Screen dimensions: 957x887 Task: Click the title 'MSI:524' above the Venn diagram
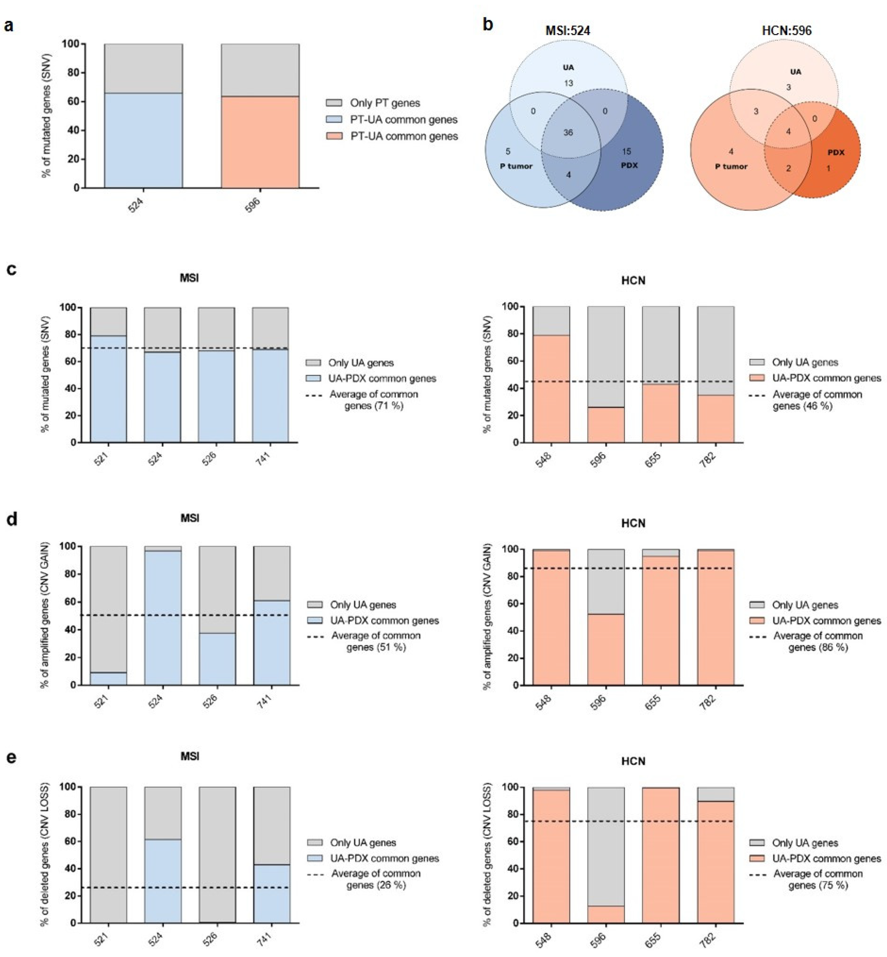coord(568,31)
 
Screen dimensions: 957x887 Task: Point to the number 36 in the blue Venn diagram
coord(568,133)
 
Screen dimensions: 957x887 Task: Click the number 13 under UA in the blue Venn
coord(568,83)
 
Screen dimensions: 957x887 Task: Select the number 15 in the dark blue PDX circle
coord(626,151)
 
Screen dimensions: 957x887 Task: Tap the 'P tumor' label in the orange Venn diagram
coord(731,166)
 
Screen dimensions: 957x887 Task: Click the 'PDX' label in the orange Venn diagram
coord(836,152)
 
